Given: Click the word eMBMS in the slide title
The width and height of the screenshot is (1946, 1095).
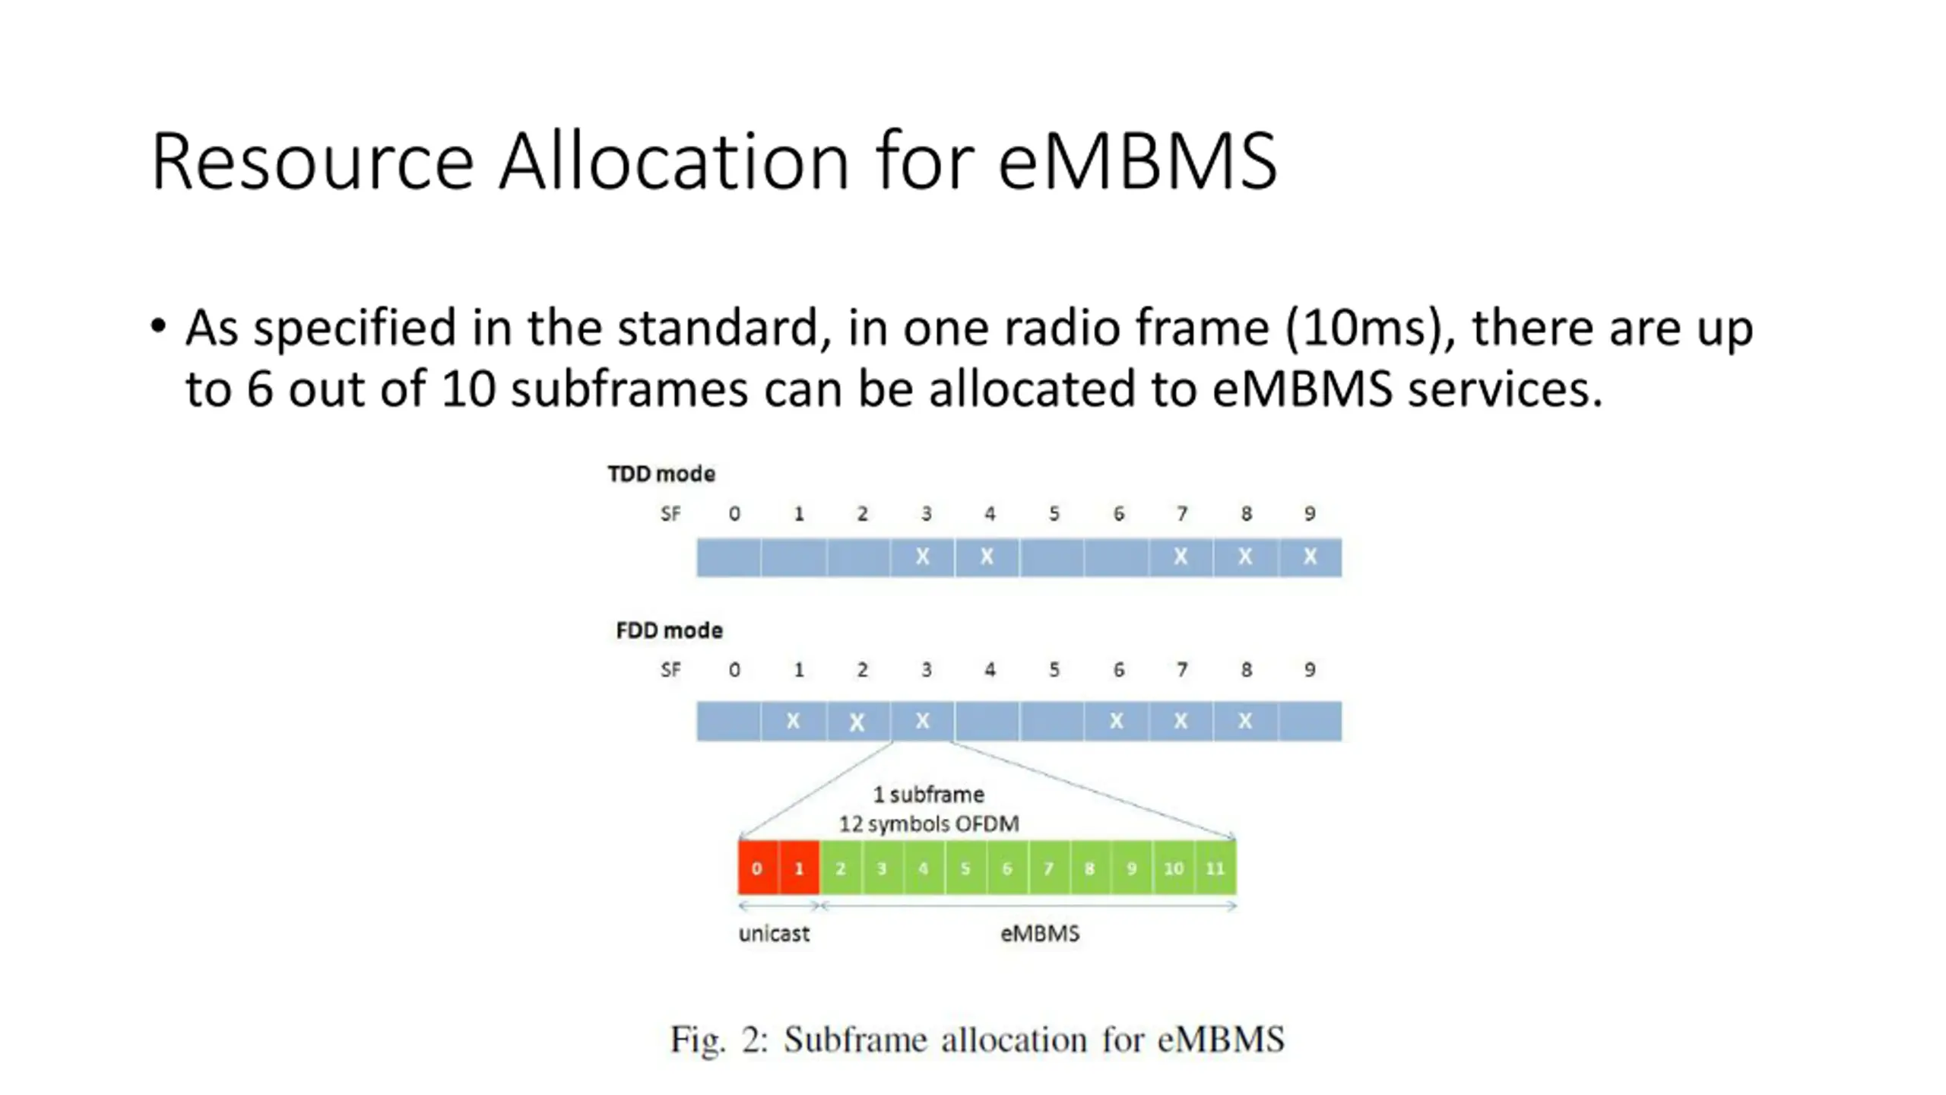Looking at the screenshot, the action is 1137,161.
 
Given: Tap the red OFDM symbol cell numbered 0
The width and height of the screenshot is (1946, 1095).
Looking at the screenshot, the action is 757,868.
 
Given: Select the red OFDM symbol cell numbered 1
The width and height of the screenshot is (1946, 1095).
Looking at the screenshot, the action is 799,868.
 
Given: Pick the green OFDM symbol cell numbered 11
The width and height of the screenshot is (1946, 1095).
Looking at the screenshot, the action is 1215,868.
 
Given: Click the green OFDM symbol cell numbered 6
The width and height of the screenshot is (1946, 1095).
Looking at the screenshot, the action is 1006,868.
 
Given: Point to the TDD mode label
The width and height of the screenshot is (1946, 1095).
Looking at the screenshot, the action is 661,474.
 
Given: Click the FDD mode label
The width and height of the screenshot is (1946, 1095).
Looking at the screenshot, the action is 669,630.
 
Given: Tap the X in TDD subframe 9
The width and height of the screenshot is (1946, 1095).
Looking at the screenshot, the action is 1310,557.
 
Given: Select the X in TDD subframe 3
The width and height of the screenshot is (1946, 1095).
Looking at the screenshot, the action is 922,557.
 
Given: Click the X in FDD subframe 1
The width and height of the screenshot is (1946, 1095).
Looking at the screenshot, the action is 793,720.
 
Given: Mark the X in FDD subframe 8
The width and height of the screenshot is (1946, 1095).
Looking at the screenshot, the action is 1245,720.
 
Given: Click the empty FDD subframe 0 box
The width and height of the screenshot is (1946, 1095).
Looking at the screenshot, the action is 728,720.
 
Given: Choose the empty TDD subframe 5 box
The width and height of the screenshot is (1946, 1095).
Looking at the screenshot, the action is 1051,557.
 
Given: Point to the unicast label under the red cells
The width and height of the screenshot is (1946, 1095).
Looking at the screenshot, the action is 774,933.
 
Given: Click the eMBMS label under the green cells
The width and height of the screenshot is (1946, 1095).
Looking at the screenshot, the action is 1039,933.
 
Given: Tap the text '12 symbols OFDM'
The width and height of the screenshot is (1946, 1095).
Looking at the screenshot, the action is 929,824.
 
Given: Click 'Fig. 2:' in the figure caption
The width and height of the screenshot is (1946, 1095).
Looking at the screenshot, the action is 718,1039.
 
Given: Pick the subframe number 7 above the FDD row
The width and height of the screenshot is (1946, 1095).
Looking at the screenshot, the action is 1182,670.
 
